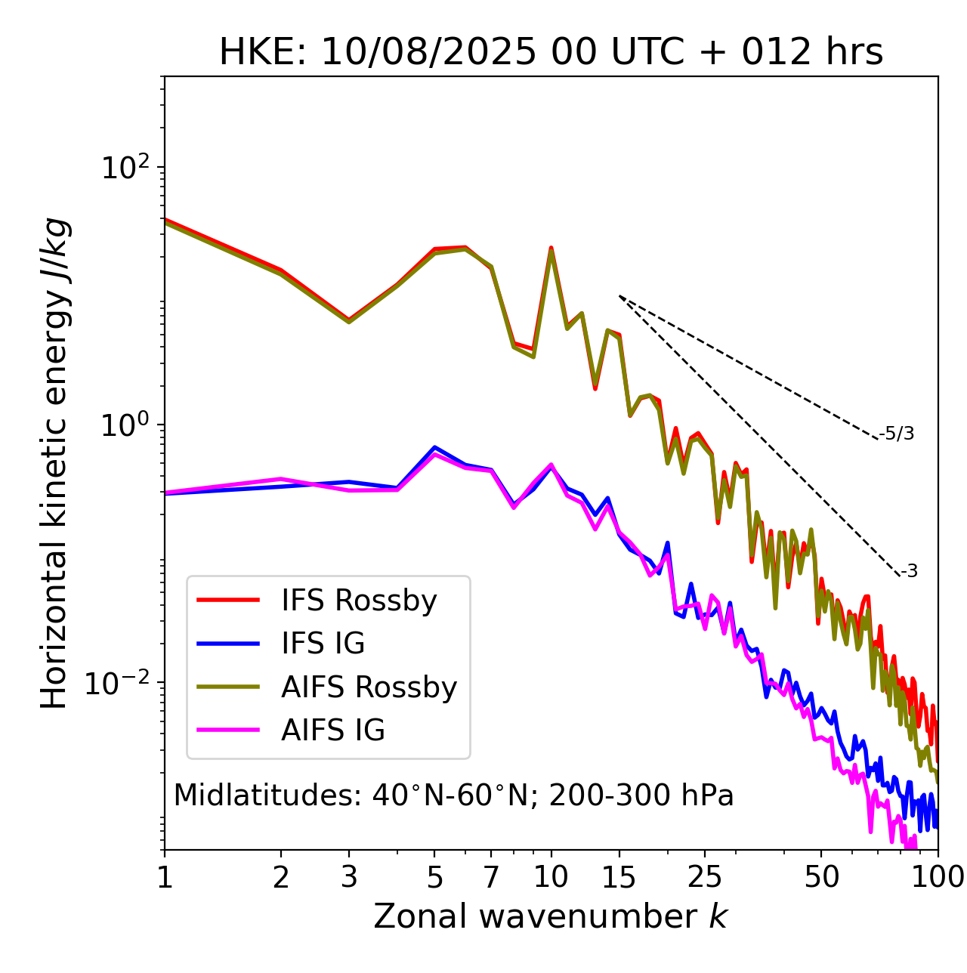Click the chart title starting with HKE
pyautogui.click(x=551, y=53)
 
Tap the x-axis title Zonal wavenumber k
pyautogui.click(x=551, y=916)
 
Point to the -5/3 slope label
pyautogui.click(x=897, y=434)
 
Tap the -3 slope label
pyautogui.click(x=909, y=572)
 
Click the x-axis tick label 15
pyautogui.click(x=619, y=877)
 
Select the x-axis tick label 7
pyautogui.click(x=491, y=877)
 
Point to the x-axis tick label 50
pyautogui.click(x=822, y=877)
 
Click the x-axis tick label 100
pyautogui.click(x=938, y=877)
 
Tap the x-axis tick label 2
pyautogui.click(x=281, y=877)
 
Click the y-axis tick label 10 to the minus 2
pyautogui.click(x=121, y=683)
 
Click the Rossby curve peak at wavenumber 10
pyautogui.click(x=551, y=249)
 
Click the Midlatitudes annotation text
pyautogui.click(x=453, y=795)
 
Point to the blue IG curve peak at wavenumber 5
pyautogui.click(x=434, y=447)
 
